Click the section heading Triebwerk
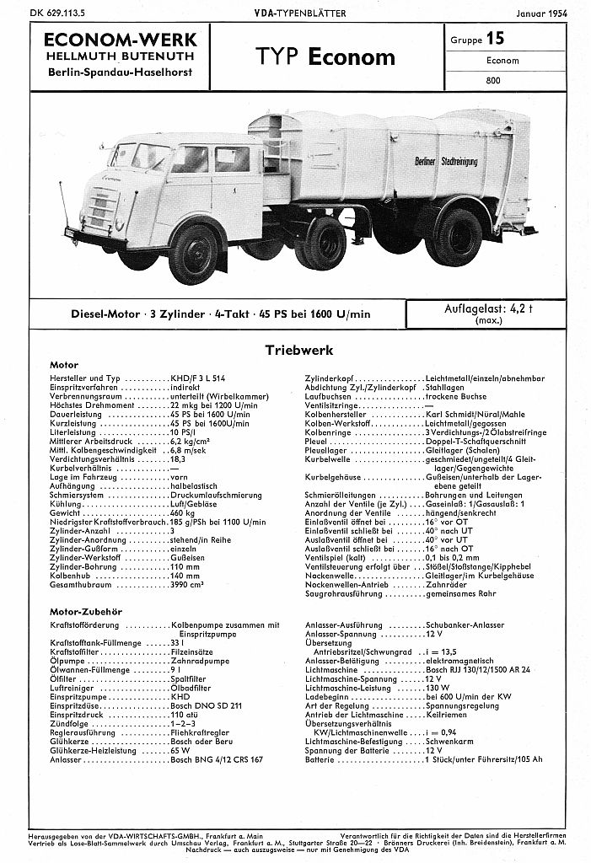pos(299,349)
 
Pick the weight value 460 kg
pos(182,512)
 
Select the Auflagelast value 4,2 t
pos(514,308)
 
